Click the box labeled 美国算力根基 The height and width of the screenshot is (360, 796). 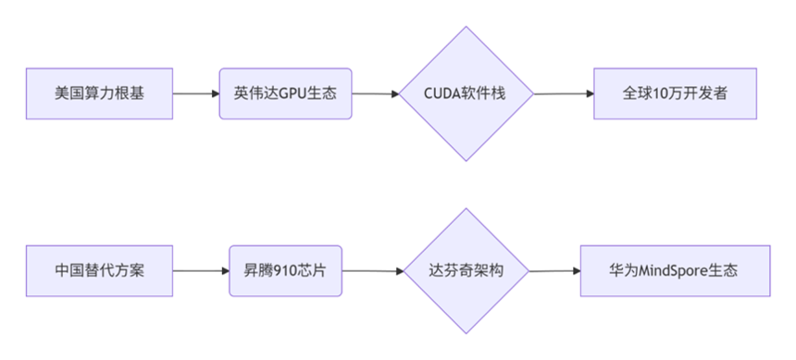(x=99, y=93)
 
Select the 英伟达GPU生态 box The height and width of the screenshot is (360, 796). (x=285, y=93)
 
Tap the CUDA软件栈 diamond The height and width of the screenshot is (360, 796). (x=466, y=93)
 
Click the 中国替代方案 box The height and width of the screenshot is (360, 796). (x=99, y=271)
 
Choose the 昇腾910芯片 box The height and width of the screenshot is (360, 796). (x=285, y=271)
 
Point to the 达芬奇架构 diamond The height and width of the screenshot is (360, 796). (x=466, y=271)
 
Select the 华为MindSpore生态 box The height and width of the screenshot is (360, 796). (x=675, y=271)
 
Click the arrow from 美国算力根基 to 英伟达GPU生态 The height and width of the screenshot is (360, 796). (x=196, y=93)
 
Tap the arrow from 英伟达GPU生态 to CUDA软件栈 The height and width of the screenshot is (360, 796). (x=375, y=93)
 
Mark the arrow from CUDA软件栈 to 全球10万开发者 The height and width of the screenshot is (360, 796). (x=563, y=93)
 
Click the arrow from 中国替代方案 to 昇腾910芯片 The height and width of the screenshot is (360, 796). (x=201, y=271)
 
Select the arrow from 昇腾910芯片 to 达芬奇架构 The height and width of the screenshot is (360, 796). (x=372, y=271)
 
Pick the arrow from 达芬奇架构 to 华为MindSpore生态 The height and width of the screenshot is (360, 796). (x=553, y=271)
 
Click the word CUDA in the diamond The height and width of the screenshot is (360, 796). (x=445, y=93)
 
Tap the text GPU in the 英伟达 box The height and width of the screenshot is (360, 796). (x=290, y=93)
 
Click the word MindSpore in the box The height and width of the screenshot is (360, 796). (x=673, y=271)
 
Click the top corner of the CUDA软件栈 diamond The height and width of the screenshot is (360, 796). (x=466, y=27)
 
